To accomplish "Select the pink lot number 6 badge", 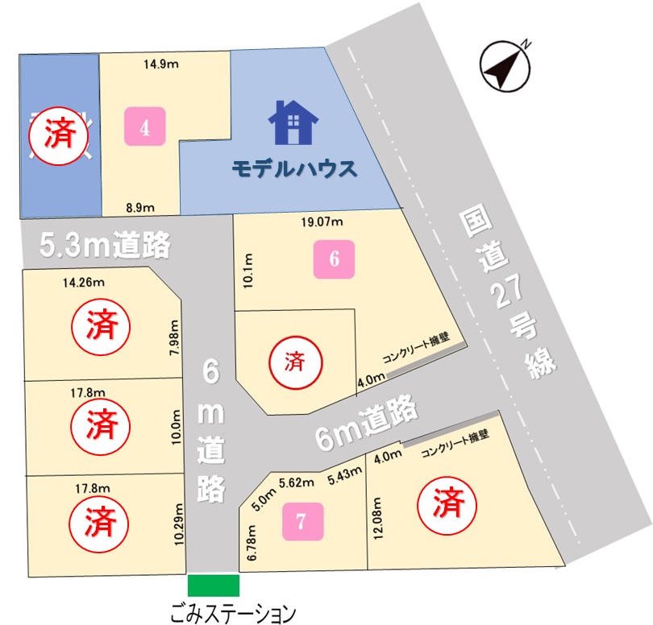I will [x=335, y=259].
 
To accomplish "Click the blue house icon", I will [x=293, y=123].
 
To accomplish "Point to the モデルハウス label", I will [x=293, y=169].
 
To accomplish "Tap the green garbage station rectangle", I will [x=214, y=586].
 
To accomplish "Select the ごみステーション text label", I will [x=234, y=615].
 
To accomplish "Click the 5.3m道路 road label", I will [x=105, y=245].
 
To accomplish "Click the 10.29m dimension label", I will [x=179, y=523].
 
